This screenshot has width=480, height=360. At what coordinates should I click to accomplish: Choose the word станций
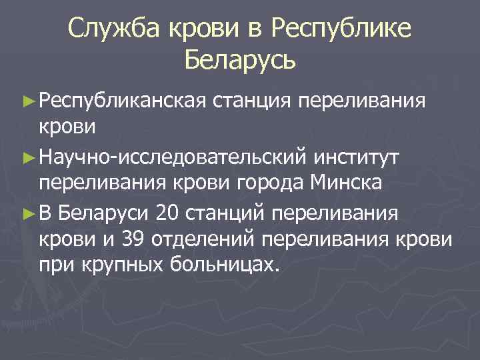click(223, 215)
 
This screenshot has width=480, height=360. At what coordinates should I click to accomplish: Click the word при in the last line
click(55, 265)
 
